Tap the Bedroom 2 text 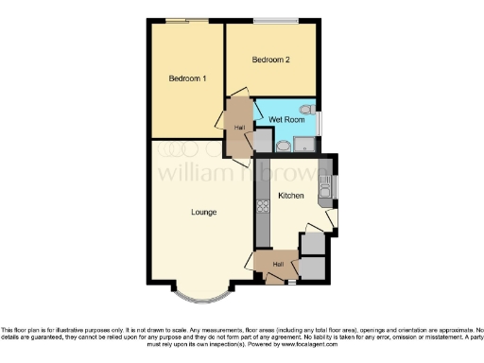coord(269,60)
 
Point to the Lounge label coord(204,212)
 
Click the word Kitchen coord(290,196)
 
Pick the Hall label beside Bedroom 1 coord(239,128)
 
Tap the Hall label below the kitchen coord(278,264)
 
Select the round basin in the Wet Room coord(283,146)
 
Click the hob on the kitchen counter coord(262,205)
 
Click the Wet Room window coord(320,124)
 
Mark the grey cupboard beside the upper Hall coord(262,141)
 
